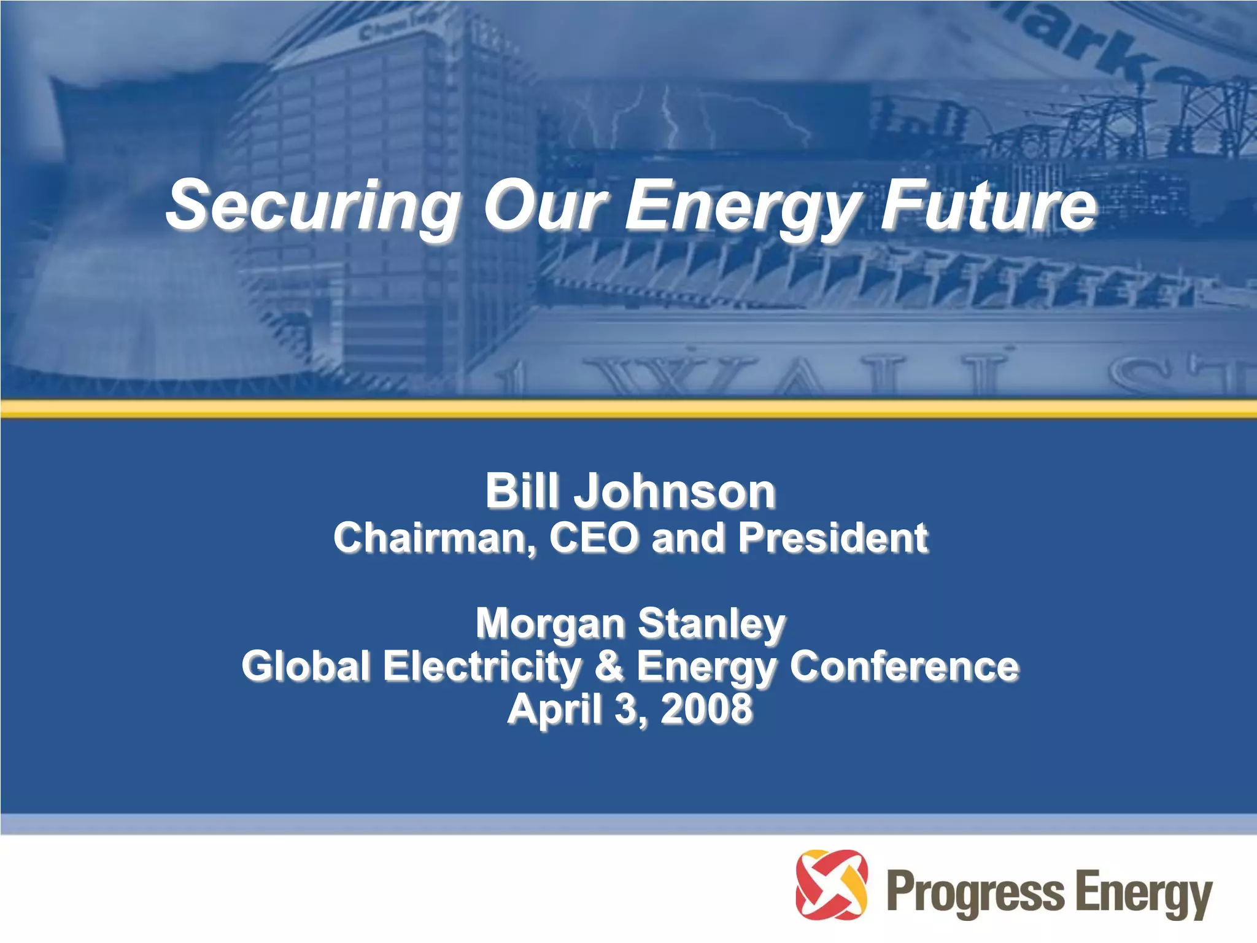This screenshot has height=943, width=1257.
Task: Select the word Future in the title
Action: tap(988, 206)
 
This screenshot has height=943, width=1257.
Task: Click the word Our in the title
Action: tap(545, 206)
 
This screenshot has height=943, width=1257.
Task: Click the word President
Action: tap(833, 538)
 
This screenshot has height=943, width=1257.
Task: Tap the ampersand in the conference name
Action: tap(609, 666)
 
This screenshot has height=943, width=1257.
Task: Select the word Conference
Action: tap(904, 666)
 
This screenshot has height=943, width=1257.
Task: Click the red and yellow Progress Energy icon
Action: tap(831, 884)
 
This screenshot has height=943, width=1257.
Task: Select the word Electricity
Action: tap(482, 666)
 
